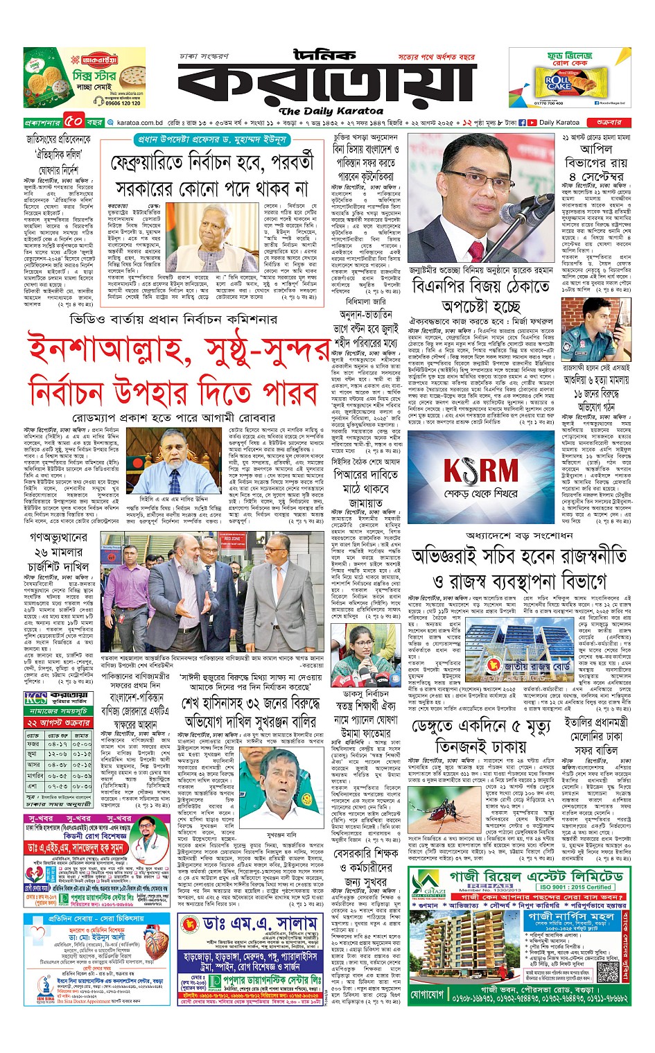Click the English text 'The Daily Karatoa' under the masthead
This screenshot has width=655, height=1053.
tap(331, 111)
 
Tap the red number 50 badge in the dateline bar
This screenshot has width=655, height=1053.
tap(75, 122)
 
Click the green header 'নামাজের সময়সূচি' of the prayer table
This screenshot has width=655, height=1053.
tap(58, 711)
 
